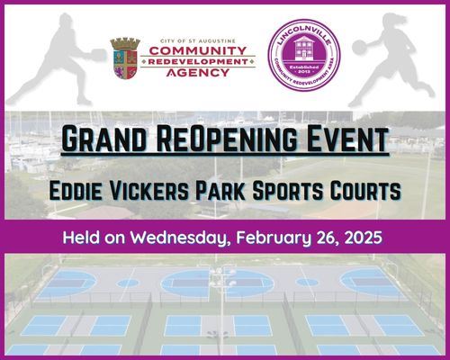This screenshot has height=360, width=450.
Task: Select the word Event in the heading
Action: point(346,141)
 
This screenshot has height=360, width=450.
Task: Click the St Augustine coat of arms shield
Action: point(123,58)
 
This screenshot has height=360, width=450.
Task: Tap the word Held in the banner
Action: point(82,239)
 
